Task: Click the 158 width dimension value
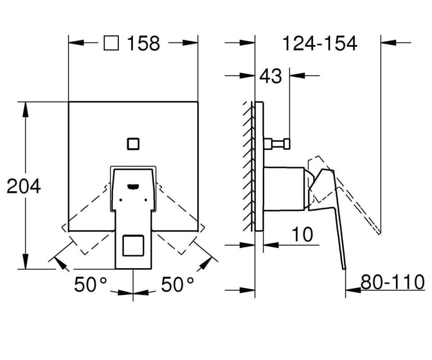click(x=144, y=43)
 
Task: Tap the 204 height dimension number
click(x=24, y=186)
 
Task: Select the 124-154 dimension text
click(x=320, y=43)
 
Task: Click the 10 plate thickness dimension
click(x=302, y=234)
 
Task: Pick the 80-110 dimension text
click(x=392, y=282)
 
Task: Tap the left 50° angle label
click(x=90, y=284)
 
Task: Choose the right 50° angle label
click(x=177, y=284)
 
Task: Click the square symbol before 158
click(x=111, y=43)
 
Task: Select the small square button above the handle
click(x=133, y=144)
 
